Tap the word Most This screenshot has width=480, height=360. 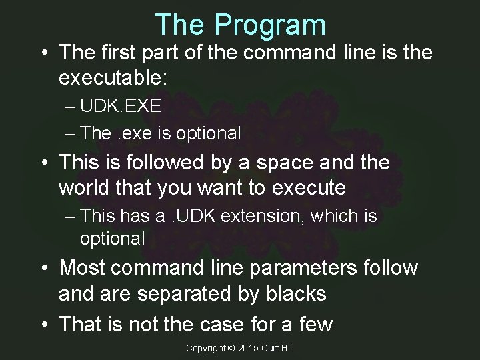pos(83,267)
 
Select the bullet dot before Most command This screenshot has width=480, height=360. pos(44,267)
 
